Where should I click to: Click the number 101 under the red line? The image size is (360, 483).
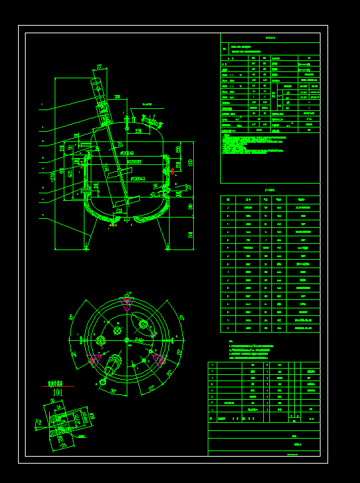57,393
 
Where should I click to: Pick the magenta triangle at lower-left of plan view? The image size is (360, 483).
93,359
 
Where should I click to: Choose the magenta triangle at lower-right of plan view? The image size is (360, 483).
159,359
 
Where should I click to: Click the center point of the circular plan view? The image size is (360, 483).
127,340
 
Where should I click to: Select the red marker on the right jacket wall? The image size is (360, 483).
172,170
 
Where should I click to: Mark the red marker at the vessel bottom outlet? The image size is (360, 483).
114,224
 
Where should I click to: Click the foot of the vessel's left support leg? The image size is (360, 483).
86,248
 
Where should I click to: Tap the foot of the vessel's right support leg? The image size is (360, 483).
167,248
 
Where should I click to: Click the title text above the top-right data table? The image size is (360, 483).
270,38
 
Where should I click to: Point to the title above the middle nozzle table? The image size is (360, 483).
270,189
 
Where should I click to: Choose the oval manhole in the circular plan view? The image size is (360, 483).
144,324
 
